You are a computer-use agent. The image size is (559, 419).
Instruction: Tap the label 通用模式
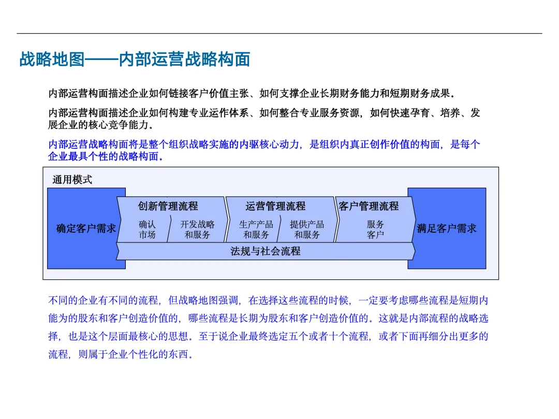pyautogui.click(x=72, y=180)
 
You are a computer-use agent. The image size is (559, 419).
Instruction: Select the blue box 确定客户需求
pyautogui.click(x=86, y=229)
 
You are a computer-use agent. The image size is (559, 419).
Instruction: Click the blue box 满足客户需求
pyautogui.click(x=447, y=229)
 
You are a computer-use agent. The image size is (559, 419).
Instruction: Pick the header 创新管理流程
pyautogui.click(x=168, y=206)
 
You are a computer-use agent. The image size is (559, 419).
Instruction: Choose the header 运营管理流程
pyautogui.click(x=275, y=206)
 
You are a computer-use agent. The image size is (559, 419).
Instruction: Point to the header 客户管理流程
pyautogui.click(x=369, y=206)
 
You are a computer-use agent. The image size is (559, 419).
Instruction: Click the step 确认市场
pyautogui.click(x=147, y=230)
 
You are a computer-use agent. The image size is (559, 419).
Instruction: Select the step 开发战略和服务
pyautogui.click(x=197, y=230)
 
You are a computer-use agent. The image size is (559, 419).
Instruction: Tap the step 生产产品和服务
pyautogui.click(x=256, y=230)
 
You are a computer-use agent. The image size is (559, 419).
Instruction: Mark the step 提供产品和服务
pyautogui.click(x=307, y=230)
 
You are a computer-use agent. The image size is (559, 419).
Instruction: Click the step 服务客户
pyautogui.click(x=375, y=230)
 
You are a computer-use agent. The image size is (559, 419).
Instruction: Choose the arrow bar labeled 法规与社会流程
pyautogui.click(x=265, y=252)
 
